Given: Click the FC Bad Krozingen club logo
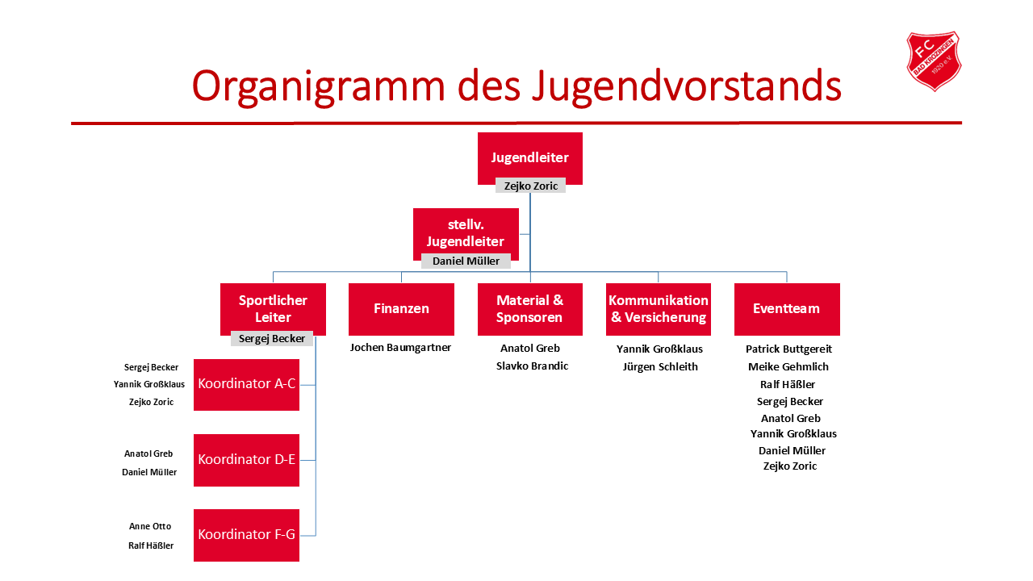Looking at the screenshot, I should (x=934, y=61).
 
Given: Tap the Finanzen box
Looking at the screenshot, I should (x=401, y=309).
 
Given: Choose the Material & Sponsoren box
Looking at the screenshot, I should (x=530, y=309).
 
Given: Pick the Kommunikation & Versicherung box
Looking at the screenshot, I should (x=659, y=309).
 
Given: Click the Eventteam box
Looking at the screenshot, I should (x=787, y=309).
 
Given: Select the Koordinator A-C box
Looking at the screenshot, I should (x=246, y=384).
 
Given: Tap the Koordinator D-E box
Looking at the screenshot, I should (x=246, y=460).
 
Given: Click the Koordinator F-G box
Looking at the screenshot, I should (x=246, y=535).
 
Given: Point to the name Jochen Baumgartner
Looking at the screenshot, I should (x=400, y=348).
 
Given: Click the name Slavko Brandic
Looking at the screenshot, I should (x=532, y=366).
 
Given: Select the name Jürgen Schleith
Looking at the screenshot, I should (x=660, y=367).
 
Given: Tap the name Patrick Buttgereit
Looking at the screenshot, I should (x=788, y=349).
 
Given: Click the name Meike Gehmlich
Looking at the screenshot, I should (x=788, y=367).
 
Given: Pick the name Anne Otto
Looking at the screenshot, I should (x=150, y=526).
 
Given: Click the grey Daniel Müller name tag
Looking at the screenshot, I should (x=466, y=261).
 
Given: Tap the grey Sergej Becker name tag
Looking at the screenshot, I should (x=272, y=339).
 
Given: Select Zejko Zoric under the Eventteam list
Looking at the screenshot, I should (x=790, y=466).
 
